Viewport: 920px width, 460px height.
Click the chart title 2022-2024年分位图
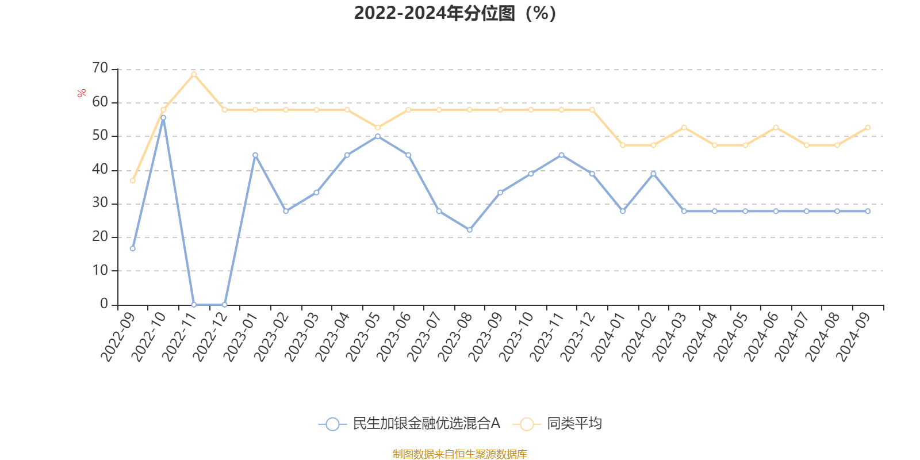pos(454,13)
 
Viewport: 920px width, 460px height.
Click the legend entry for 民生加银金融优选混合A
pos(409,424)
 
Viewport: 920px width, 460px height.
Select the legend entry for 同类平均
pos(561,424)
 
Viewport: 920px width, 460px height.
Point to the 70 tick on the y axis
pos(100,68)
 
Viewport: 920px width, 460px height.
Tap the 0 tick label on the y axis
pos(104,304)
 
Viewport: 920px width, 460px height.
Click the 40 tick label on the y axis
pos(100,170)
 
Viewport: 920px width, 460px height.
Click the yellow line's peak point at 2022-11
pos(194,74)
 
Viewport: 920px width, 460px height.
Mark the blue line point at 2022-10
pos(163,117)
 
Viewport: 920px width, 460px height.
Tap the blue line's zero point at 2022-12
pos(224,305)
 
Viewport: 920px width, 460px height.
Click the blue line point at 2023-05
pos(378,136)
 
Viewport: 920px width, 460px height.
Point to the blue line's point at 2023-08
pos(470,230)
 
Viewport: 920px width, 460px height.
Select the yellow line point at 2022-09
pos(133,181)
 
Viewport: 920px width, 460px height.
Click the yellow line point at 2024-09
pos(868,128)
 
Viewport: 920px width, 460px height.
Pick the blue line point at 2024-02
pos(653,174)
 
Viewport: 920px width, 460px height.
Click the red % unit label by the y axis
pos(82,93)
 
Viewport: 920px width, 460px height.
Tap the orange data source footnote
pos(459,454)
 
